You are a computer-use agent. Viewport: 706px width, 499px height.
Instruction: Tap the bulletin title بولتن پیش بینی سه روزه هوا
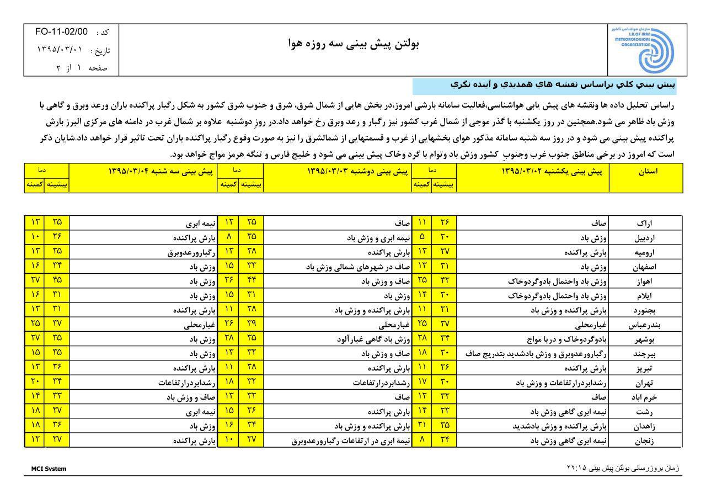(354, 44)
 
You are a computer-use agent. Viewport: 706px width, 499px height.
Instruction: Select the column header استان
(647, 171)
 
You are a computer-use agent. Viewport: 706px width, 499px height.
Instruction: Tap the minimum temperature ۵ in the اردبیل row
(422, 238)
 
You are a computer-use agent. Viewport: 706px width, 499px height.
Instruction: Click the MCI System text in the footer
(49, 469)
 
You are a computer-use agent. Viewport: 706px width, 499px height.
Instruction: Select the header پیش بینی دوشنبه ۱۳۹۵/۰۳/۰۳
(357, 171)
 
